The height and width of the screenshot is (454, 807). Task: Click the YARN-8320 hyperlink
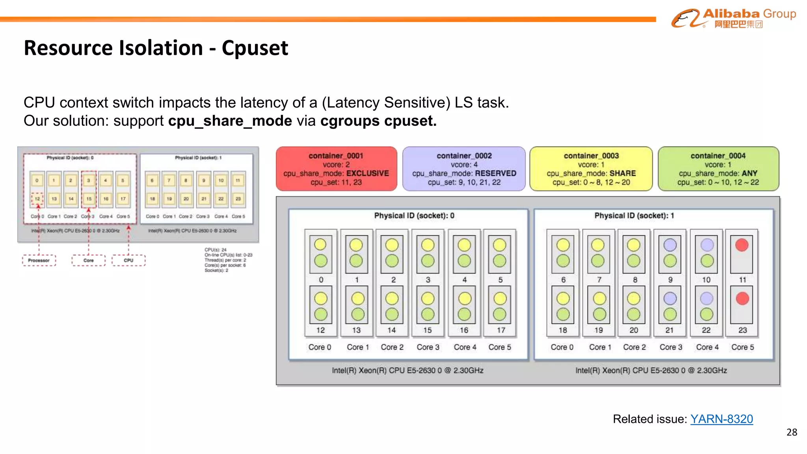(721, 419)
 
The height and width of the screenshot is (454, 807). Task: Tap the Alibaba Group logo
(733, 18)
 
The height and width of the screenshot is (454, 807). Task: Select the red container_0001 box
(336, 169)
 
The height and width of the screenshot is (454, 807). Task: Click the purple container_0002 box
(464, 169)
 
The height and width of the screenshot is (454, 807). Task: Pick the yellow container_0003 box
(591, 169)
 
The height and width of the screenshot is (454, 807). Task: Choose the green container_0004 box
(718, 169)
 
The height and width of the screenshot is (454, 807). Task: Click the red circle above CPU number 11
(742, 245)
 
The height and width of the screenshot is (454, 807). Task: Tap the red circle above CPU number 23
(742, 298)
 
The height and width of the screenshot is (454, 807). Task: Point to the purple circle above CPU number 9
(670, 245)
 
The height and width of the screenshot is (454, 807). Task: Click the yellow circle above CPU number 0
(320, 245)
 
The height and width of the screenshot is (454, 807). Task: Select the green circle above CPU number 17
(500, 314)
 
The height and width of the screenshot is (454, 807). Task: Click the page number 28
(791, 432)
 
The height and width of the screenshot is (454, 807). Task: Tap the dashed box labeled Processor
(39, 260)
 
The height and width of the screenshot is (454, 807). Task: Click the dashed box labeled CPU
(128, 260)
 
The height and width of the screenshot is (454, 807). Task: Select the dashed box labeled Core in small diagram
(89, 260)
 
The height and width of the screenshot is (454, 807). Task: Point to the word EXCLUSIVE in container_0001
(367, 173)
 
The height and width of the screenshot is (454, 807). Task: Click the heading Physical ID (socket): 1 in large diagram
(634, 216)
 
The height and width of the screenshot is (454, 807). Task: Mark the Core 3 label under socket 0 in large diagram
(428, 347)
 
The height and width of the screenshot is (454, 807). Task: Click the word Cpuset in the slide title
(255, 48)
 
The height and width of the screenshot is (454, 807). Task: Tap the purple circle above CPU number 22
(707, 298)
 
